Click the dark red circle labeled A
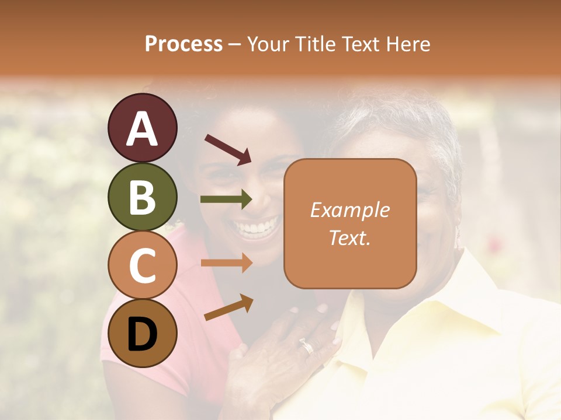coord(142,128)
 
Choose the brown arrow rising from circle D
coord(228,307)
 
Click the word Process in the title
coord(183,44)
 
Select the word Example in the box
coord(349,210)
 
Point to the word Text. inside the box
coord(349,237)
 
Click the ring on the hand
coord(307,347)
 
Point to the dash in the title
coord(235,45)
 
